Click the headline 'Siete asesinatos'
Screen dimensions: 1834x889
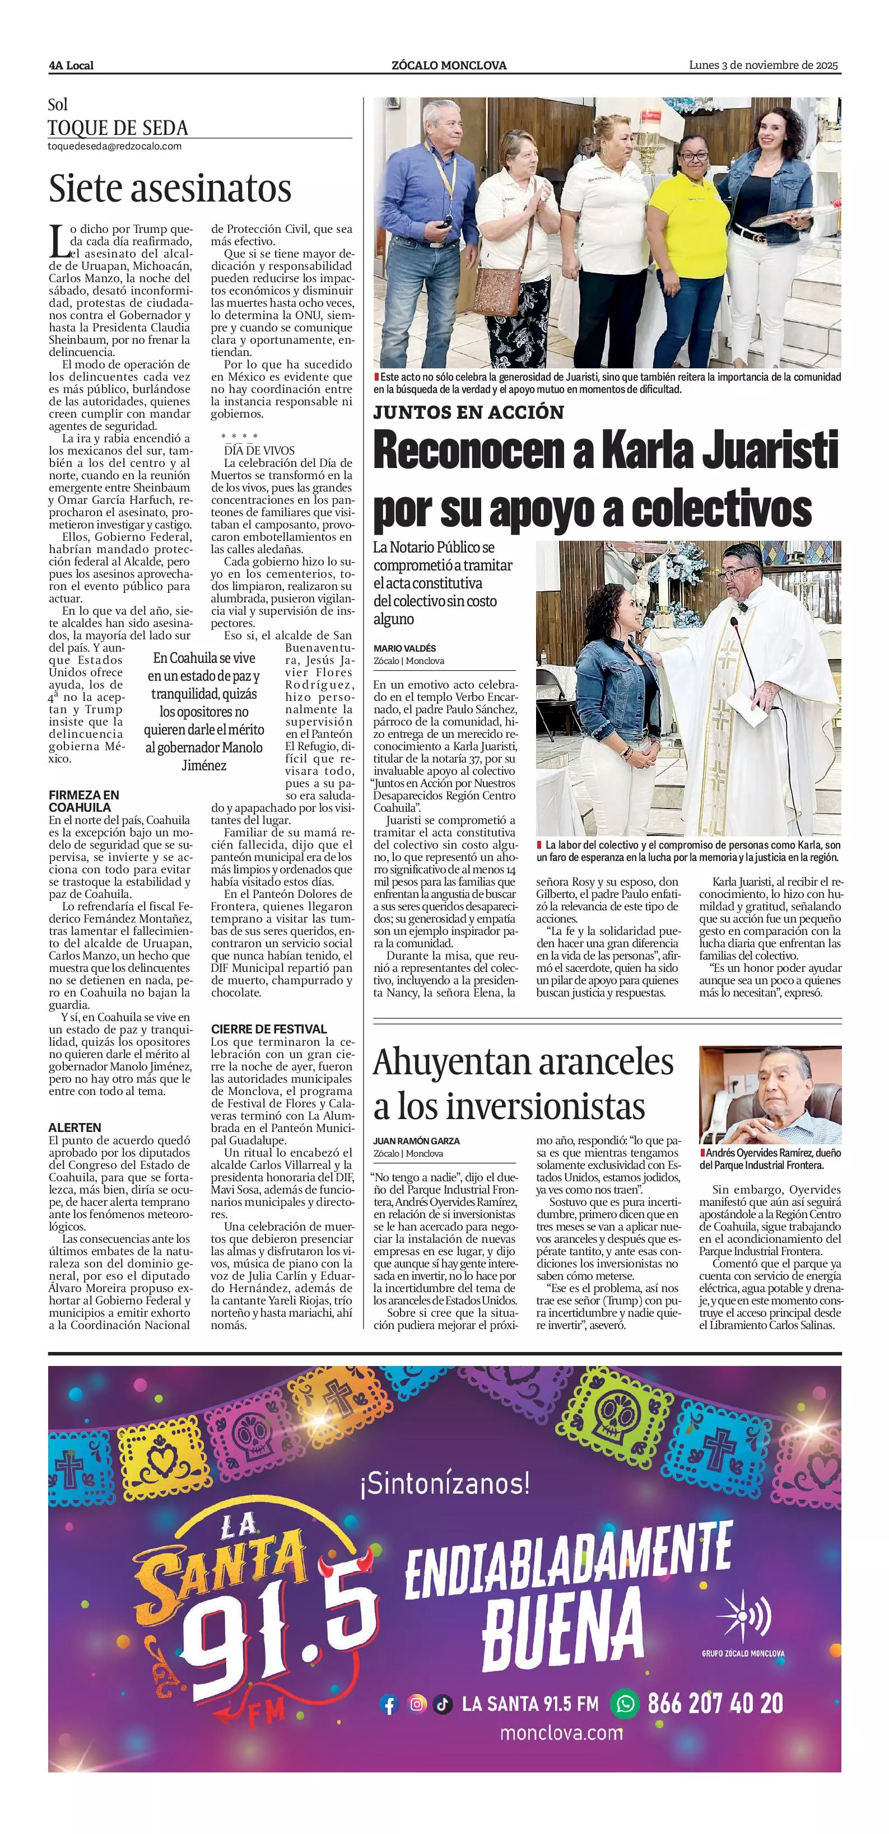click(170, 189)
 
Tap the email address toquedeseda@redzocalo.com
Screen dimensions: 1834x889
click(114, 147)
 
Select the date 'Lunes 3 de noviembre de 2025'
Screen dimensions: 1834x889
click(763, 65)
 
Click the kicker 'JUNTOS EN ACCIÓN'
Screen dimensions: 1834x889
click(468, 412)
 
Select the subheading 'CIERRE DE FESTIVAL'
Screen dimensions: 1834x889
click(268, 1029)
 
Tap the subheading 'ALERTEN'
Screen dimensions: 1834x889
click(75, 1127)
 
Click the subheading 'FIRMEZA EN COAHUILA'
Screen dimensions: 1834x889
click(84, 801)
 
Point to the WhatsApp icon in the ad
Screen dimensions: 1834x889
click(625, 1703)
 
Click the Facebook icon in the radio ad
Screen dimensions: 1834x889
click(389, 1704)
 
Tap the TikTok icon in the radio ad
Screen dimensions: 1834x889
click(443, 1704)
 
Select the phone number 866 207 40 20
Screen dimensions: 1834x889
click(715, 1703)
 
